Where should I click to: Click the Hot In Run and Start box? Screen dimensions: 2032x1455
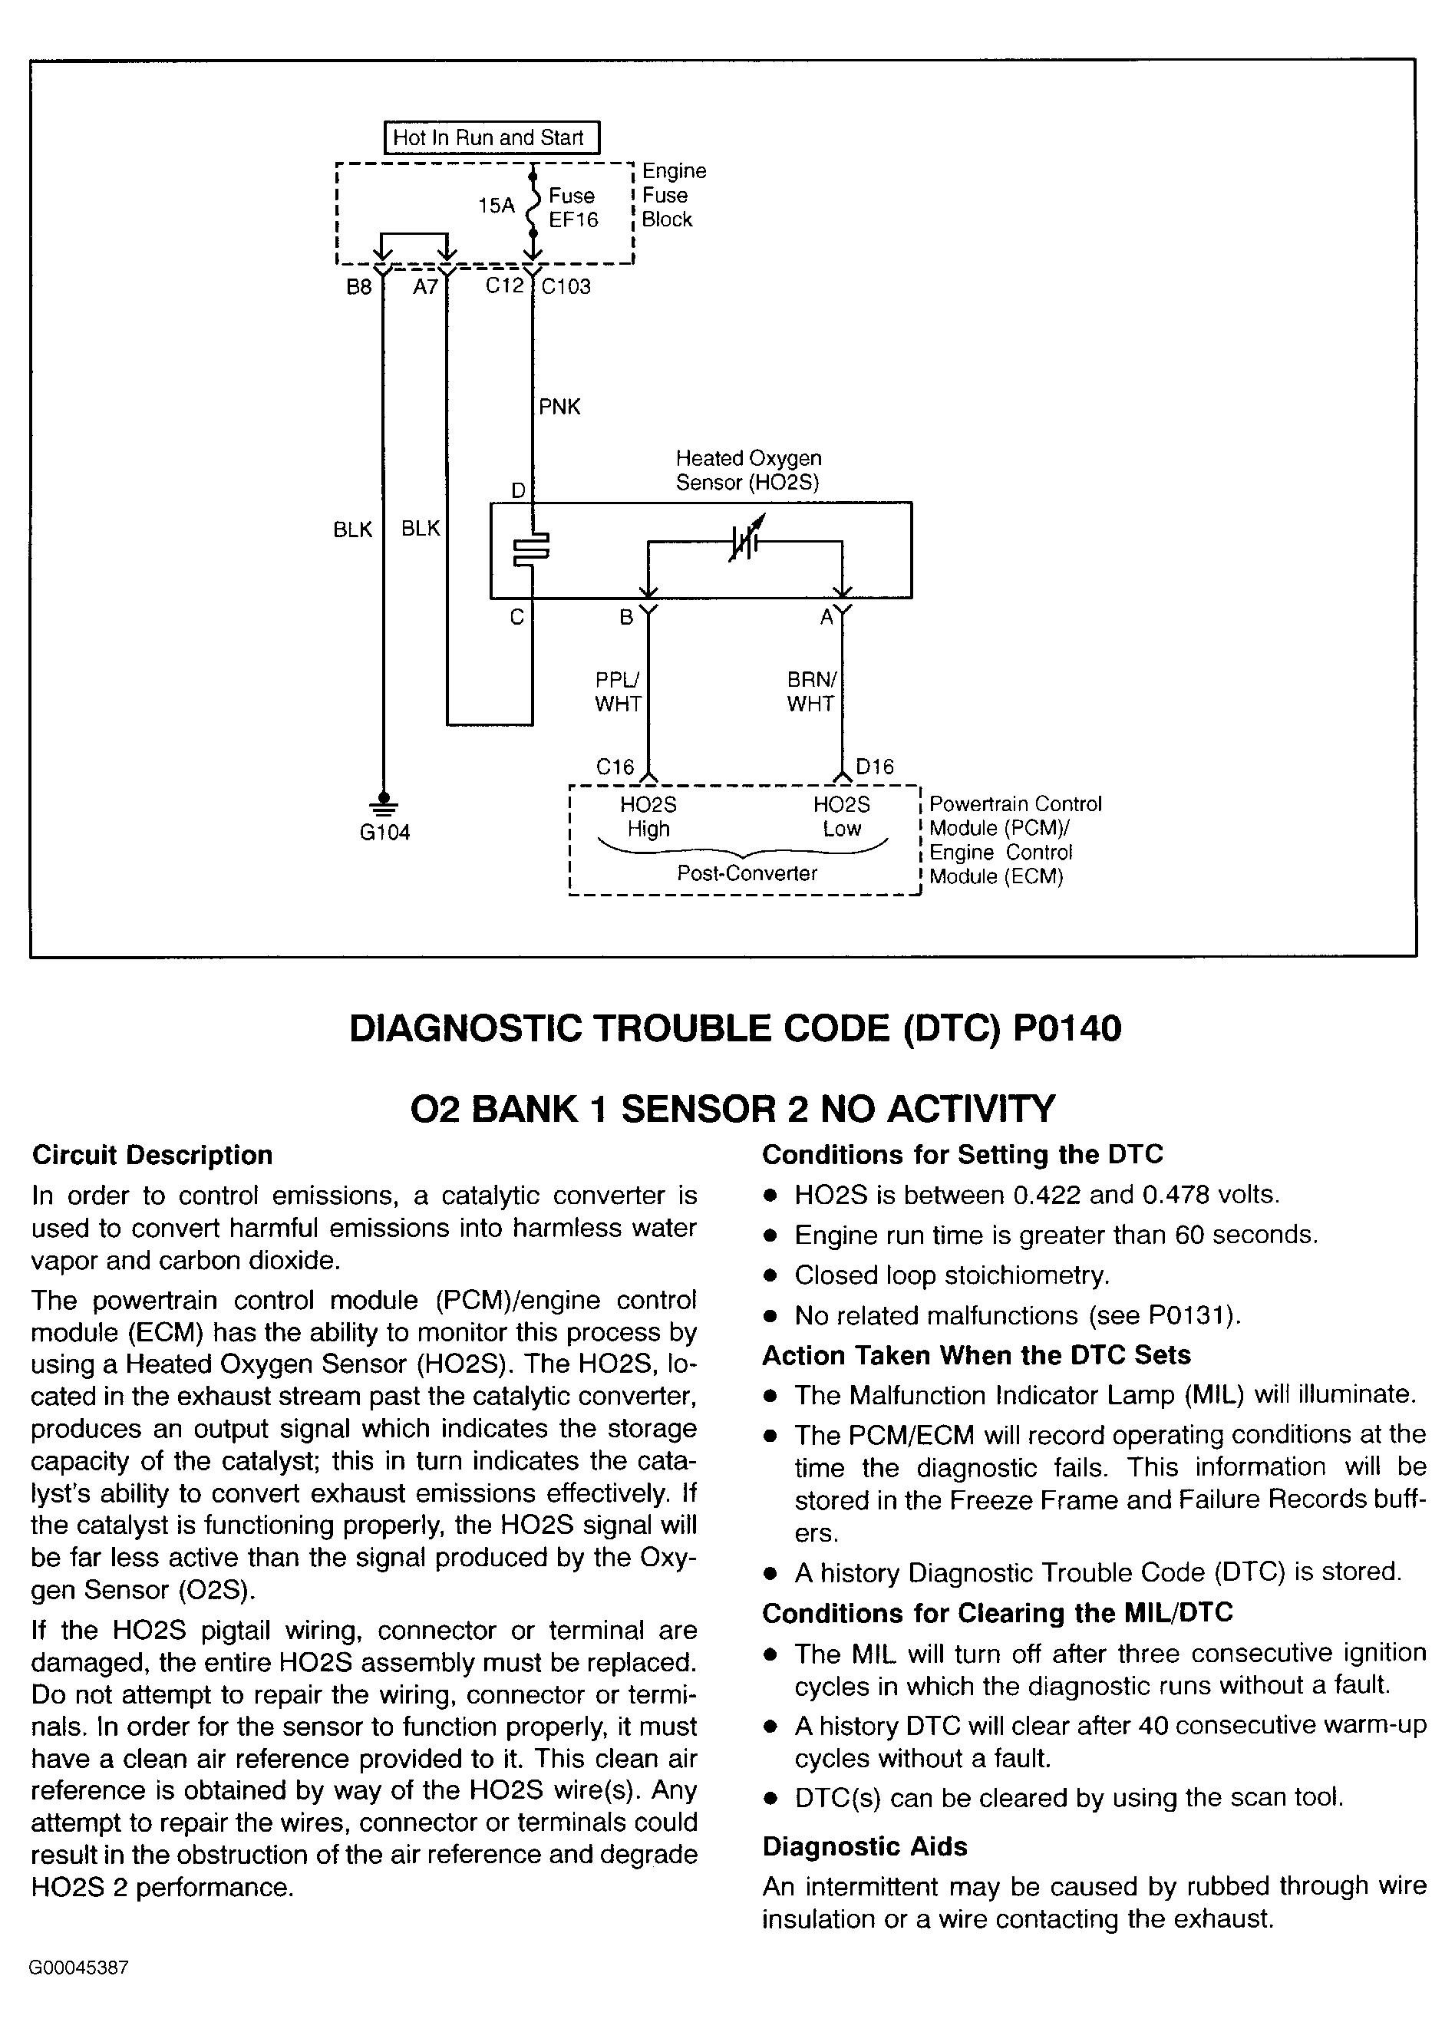[x=491, y=138]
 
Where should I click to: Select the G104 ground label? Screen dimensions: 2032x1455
[x=384, y=833]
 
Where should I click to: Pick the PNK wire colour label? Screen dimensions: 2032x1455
[x=559, y=407]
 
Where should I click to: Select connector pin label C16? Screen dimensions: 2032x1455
[x=615, y=767]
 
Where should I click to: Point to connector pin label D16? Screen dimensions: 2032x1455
[x=874, y=767]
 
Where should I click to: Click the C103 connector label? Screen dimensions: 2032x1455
[x=566, y=287]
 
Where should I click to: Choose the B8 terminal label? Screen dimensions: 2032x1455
[x=359, y=288]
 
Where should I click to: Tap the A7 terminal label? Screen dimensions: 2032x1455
[x=426, y=288]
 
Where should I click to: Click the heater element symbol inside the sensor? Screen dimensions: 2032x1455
[x=531, y=550]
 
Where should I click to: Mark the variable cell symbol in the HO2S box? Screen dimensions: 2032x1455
[x=745, y=540]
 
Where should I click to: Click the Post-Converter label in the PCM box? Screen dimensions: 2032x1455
[x=747, y=873]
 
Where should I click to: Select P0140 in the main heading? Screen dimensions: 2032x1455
[x=1067, y=1028]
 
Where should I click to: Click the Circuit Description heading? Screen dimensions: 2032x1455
[x=152, y=1155]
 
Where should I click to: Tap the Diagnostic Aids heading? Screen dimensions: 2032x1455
[x=865, y=1846]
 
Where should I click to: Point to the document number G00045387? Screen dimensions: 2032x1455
[x=80, y=1968]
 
